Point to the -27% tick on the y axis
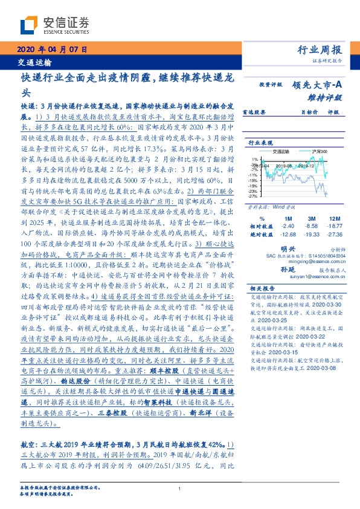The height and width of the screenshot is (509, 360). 254,196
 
